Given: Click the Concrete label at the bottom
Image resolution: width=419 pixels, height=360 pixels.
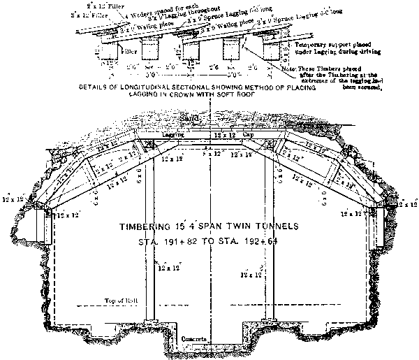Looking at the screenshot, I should point(192,338).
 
